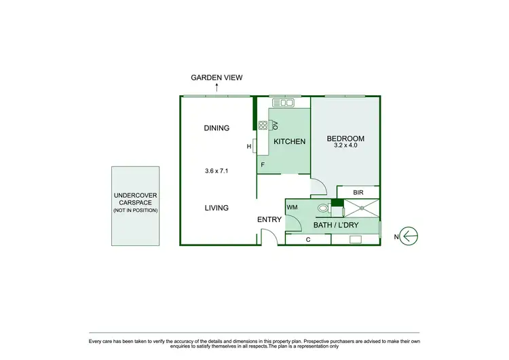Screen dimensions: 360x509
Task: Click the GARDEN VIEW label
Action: [216, 78]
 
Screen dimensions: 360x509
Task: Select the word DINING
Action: [216, 128]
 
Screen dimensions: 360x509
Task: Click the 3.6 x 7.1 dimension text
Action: [216, 171]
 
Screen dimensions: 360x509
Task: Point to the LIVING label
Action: [216, 208]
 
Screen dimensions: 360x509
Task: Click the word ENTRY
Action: [269, 219]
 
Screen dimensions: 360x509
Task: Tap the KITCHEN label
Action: [290, 142]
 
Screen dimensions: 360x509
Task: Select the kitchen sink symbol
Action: [282, 103]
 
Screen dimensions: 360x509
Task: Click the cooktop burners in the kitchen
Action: [263, 124]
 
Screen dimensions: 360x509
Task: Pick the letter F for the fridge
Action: [262, 164]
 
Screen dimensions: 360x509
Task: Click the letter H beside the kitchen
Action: [249, 146]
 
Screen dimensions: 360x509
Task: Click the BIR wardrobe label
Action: [358, 193]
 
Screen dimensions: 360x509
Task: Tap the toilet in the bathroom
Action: [324, 209]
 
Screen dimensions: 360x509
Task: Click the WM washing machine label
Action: [293, 207]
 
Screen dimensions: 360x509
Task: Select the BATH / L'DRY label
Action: [336, 225]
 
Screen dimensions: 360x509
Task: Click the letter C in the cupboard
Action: [308, 239]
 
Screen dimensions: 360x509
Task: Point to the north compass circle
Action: [410, 236]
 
